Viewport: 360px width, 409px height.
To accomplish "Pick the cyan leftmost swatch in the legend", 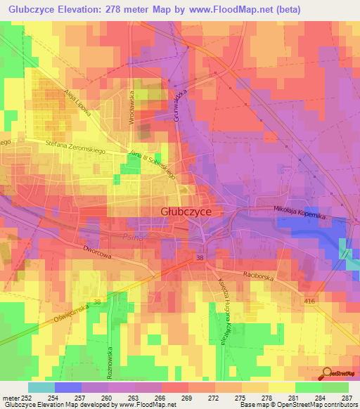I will pyautogui.click(x=41, y=387).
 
